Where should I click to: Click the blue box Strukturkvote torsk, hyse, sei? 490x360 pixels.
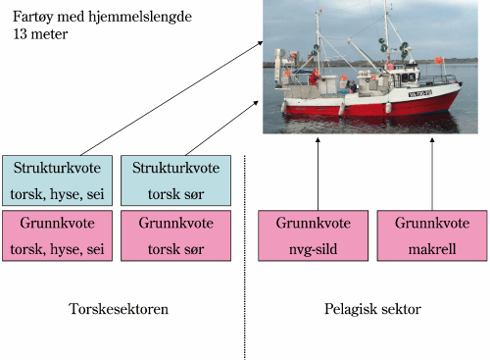55,180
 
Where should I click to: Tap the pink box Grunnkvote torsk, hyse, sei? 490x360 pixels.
55,235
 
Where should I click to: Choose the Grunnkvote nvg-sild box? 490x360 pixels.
310,235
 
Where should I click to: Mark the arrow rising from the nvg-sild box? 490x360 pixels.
317,172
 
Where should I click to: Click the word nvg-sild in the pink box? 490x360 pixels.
310,247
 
